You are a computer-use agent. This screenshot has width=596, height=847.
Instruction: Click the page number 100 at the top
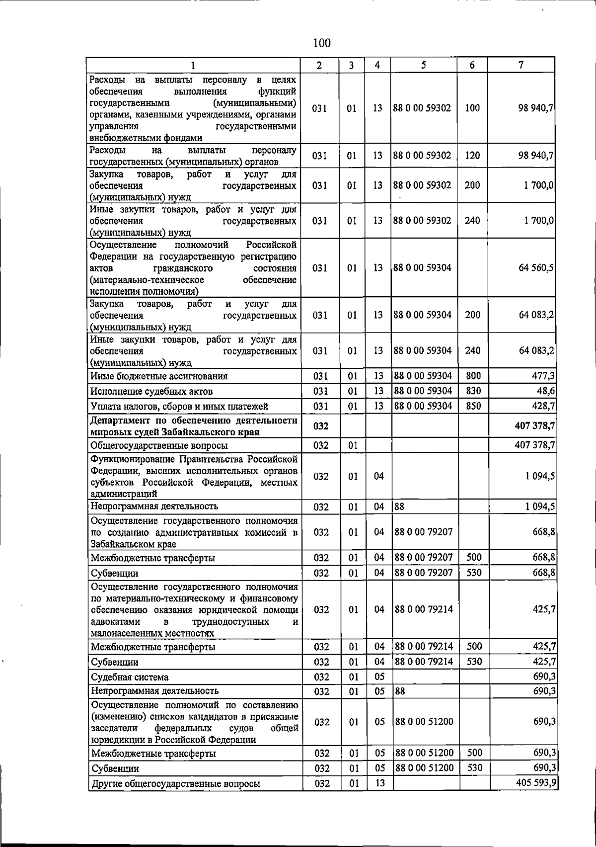322,44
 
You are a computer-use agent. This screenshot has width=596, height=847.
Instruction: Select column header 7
521,65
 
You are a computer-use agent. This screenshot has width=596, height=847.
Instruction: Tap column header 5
423,65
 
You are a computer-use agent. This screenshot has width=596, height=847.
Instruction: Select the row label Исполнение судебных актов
151,392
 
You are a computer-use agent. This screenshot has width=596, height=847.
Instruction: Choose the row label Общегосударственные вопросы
159,445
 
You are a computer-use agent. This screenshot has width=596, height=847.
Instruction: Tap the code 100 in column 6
472,108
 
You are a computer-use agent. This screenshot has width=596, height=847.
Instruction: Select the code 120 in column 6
472,156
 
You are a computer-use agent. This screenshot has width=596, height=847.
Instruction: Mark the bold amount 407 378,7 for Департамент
535,426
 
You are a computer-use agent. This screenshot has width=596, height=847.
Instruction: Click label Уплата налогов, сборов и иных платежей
179,407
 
